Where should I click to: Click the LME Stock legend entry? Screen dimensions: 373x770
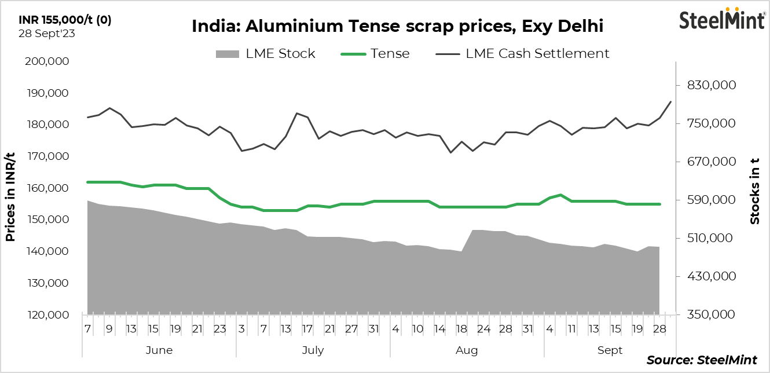click(266, 54)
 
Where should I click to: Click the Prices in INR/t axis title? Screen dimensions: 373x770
click(10, 196)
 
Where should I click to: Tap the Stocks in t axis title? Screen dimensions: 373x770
click(754, 191)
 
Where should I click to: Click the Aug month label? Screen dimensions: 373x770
click(467, 350)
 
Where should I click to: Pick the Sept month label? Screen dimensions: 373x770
click(610, 350)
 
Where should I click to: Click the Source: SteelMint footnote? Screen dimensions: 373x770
click(701, 360)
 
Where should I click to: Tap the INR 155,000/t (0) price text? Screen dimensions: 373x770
click(65, 20)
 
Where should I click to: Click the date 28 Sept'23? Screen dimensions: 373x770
click(47, 33)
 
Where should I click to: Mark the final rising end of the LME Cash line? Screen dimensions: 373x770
click(670, 102)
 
